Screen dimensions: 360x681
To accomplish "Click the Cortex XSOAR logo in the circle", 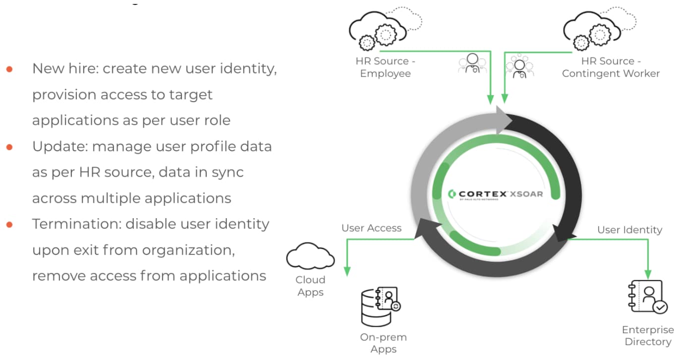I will (495, 194).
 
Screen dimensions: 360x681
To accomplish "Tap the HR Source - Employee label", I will (385, 67).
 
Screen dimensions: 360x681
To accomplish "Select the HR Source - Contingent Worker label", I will (611, 67).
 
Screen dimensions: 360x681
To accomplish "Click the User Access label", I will (371, 228).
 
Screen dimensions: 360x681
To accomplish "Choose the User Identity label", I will (629, 230).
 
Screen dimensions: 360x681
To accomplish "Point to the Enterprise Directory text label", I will (648, 336).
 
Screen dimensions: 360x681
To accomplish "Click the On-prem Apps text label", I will (383, 343).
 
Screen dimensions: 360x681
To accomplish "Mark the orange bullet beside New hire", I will (9, 69).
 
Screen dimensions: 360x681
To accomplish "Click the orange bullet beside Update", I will (9, 147).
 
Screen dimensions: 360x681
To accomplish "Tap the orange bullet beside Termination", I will (9, 225).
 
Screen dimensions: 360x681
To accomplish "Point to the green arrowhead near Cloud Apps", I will (347, 271).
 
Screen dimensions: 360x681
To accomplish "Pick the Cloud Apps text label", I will (310, 286).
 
